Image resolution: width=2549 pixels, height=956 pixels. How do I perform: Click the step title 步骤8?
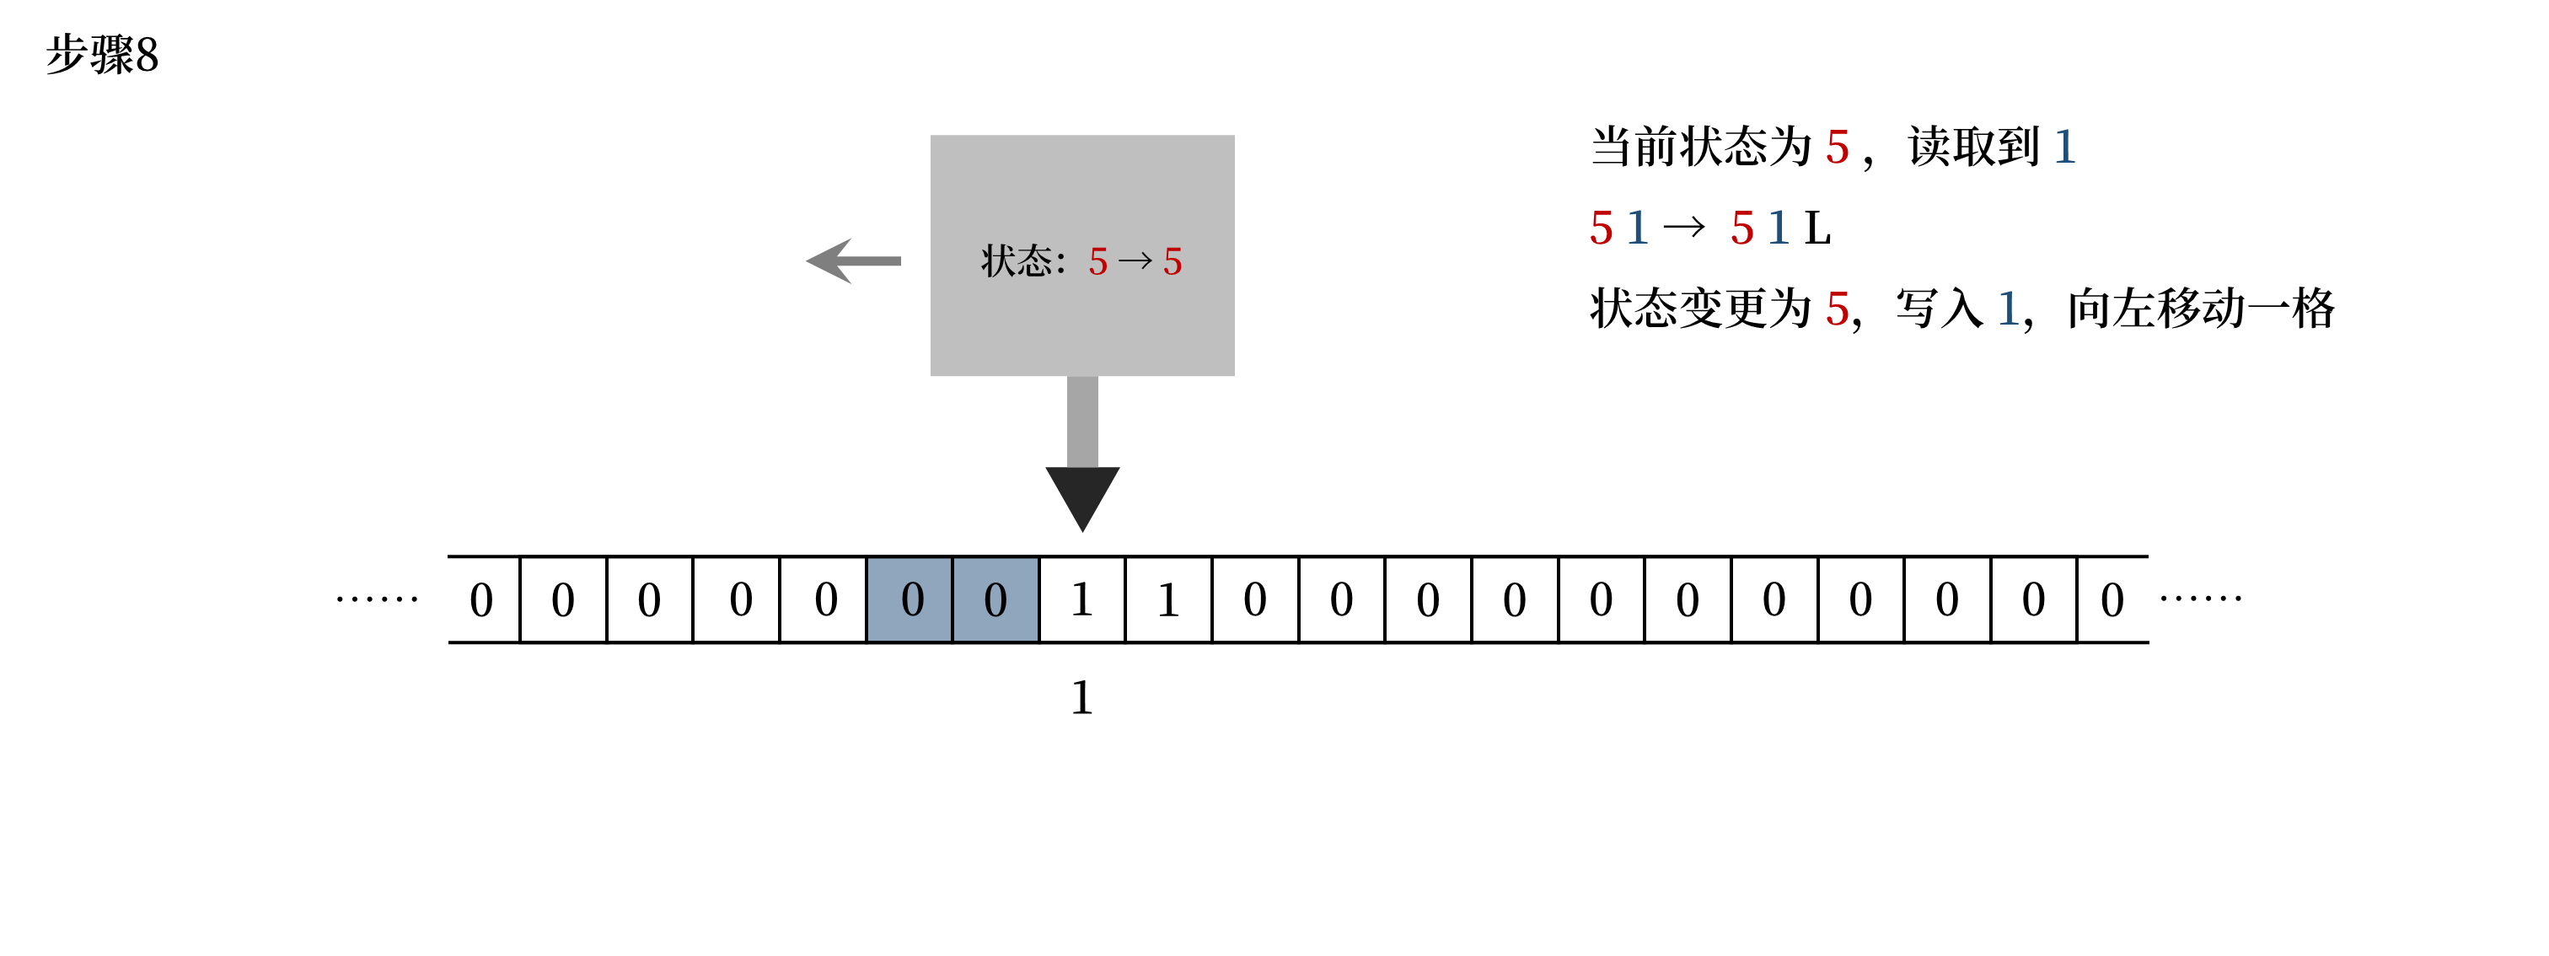pos(102,55)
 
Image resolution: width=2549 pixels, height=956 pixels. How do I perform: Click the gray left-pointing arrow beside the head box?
pos(853,261)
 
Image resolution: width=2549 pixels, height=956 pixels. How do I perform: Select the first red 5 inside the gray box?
pos(1097,262)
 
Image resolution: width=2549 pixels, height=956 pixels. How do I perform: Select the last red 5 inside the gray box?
pos(1173,262)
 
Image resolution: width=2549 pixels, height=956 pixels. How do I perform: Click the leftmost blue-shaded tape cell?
pos(910,599)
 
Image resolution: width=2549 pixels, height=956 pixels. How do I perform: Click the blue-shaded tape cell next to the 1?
pos(995,599)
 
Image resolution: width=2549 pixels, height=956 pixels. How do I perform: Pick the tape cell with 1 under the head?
pos(1081,599)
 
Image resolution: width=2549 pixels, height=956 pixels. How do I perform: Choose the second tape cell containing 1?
pos(1168,599)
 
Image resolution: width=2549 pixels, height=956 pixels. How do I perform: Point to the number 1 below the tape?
pos(1081,698)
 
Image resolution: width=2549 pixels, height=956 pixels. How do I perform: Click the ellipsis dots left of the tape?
pos(377,599)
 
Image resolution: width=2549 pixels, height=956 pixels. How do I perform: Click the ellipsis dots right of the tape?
pos(2201,598)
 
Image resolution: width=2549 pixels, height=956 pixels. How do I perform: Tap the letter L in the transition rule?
pos(1816,228)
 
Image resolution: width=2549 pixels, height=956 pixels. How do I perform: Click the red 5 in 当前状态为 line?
pos(1838,148)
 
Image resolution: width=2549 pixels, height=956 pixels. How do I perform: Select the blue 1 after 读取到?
pos(2065,148)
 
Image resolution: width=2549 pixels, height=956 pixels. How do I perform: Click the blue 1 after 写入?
pos(2008,309)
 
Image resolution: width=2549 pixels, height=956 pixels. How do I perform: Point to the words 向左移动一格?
pos(2201,309)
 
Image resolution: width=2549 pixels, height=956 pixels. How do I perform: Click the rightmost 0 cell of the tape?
pos(2112,599)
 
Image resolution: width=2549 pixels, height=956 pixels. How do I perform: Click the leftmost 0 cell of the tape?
pos(482,599)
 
